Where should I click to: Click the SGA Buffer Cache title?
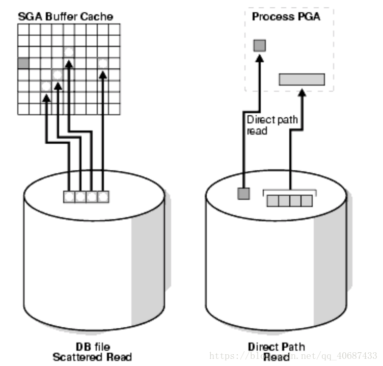click(x=66, y=16)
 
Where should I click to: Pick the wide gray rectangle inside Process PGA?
click(x=302, y=79)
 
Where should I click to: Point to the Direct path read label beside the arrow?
click(x=272, y=125)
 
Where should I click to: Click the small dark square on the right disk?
click(x=244, y=193)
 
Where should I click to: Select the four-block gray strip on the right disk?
click(x=289, y=200)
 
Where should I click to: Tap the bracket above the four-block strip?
click(x=289, y=191)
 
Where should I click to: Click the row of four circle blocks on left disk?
click(x=86, y=196)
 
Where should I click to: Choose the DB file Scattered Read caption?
click(x=92, y=352)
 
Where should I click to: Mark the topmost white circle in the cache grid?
click(x=69, y=52)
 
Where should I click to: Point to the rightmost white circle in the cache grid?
click(x=103, y=63)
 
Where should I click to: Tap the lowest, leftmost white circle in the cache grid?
click(x=46, y=86)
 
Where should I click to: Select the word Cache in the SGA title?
click(x=97, y=16)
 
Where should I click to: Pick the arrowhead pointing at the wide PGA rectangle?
click(x=302, y=93)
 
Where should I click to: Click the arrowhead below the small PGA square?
click(x=260, y=58)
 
